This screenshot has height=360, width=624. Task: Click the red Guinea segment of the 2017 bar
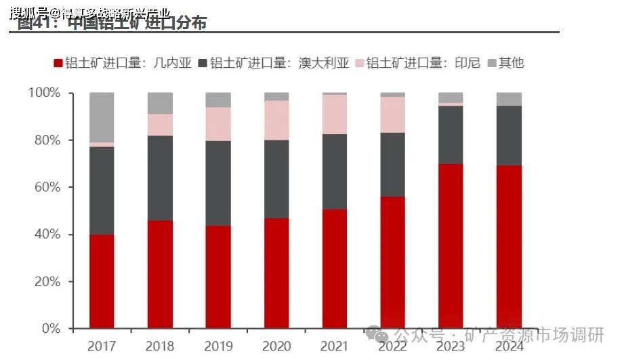(102, 281)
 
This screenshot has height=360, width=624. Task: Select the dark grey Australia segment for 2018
(160, 178)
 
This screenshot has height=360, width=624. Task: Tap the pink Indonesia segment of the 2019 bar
(218, 123)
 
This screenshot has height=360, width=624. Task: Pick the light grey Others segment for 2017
(102, 117)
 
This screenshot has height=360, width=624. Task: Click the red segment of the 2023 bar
(451, 245)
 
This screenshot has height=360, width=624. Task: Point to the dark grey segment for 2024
(509, 135)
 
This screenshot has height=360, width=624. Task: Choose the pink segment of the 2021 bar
(335, 114)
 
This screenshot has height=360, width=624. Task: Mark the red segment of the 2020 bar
(276, 273)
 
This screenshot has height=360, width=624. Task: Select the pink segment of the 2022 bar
(393, 115)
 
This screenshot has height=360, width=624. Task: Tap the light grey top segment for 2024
(509, 99)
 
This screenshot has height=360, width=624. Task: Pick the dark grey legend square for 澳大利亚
(203, 63)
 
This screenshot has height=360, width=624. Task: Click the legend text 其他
(512, 63)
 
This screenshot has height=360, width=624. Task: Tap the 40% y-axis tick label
(47, 235)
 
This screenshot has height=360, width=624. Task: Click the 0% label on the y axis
(51, 329)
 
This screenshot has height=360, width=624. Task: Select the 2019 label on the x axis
(218, 346)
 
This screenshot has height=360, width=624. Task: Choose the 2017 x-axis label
(102, 346)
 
